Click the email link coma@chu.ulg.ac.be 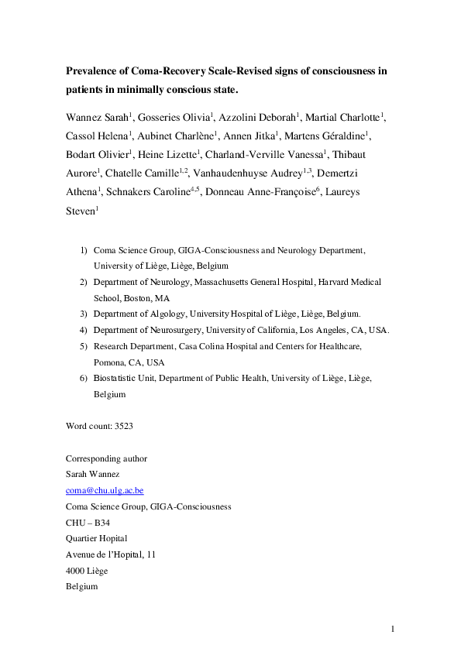[x=105, y=490]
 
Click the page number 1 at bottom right [x=393, y=628]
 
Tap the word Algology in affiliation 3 [x=165, y=314]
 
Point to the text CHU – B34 [x=88, y=523]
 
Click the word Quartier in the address [x=83, y=538]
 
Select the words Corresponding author [x=106, y=458]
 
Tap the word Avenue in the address [x=81, y=554]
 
